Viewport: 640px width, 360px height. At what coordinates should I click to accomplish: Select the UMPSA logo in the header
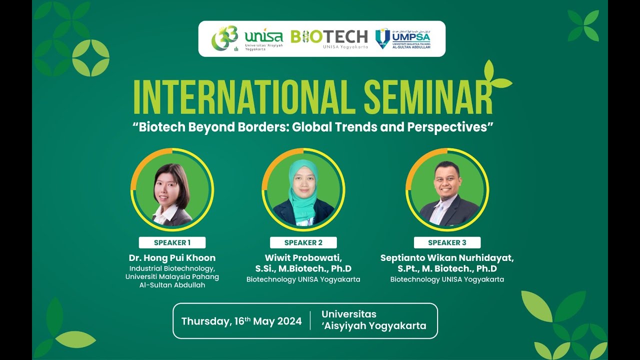tap(403, 38)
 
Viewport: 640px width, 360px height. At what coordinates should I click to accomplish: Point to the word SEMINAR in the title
tap(428, 96)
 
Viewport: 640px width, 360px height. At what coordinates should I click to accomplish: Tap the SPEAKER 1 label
tap(172, 242)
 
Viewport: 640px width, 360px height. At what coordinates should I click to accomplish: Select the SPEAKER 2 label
tap(303, 242)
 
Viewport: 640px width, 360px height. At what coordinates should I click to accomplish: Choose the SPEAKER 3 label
tap(447, 242)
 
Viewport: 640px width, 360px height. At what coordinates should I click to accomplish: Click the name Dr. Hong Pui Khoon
tap(172, 258)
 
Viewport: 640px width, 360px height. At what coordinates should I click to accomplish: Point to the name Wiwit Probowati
tap(303, 258)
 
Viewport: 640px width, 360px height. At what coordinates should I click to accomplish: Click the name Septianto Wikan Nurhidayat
tap(447, 258)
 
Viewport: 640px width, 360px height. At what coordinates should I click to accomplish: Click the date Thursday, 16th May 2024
tap(241, 321)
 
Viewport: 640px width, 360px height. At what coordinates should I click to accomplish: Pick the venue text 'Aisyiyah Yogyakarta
tap(374, 326)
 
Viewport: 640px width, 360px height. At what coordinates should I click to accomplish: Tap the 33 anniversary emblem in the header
tap(224, 38)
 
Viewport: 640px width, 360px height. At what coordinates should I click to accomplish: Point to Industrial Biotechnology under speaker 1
tap(172, 268)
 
